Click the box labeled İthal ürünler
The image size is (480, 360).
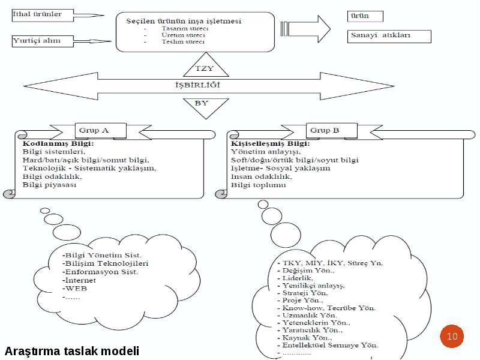[43, 16]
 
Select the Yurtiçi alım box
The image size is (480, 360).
[43, 41]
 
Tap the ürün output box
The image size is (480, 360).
[365, 16]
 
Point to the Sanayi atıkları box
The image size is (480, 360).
[389, 37]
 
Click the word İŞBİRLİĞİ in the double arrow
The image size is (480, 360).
[198, 85]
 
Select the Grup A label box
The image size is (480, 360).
[101, 131]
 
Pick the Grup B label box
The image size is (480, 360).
[332, 131]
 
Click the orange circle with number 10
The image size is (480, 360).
[452, 336]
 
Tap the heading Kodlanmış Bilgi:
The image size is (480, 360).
[58, 143]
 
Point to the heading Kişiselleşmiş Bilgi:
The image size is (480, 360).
[271, 143]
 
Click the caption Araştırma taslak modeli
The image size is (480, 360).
[72, 351]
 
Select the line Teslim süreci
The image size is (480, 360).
[183, 42]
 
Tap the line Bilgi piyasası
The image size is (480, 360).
[49, 185]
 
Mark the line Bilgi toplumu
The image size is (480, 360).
[259, 185]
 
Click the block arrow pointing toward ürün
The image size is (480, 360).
[305, 29]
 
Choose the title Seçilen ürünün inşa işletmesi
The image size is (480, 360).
[184, 21]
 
